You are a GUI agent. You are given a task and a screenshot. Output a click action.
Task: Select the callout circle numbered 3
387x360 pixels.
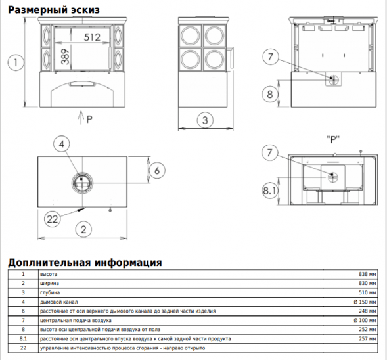pos(205,120)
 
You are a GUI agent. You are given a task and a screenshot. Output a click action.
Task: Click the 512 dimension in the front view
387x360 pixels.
pos(92,38)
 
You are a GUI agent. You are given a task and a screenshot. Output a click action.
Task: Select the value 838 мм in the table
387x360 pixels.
pos(368,274)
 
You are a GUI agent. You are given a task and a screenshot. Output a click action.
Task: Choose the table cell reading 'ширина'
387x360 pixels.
pos(50,283)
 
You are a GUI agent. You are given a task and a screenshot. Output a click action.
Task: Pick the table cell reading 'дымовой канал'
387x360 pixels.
pos(57,302)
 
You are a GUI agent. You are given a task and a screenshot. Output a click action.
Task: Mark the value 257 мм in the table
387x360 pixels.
pos(368,338)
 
